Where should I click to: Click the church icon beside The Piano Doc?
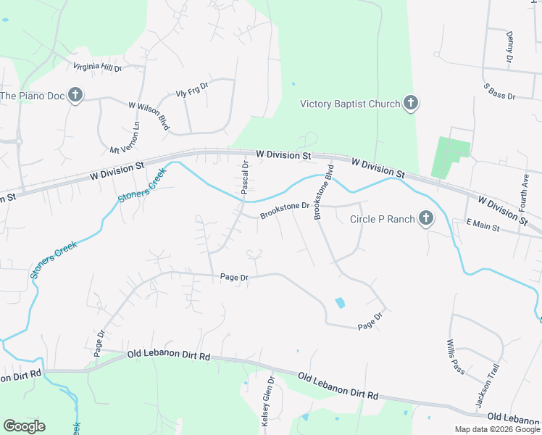(x=75, y=95)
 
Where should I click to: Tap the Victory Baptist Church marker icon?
(x=410, y=104)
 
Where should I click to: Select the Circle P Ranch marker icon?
(x=425, y=219)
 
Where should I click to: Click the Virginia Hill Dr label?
(x=98, y=67)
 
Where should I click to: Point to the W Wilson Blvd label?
(x=149, y=116)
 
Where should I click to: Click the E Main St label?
(x=483, y=227)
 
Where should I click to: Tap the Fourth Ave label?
(x=525, y=191)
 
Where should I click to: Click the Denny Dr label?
(x=510, y=46)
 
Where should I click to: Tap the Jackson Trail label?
(x=493, y=369)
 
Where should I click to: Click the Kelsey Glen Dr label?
(x=269, y=400)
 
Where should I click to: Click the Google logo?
(x=24, y=426)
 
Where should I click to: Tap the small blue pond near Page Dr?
(x=340, y=302)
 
